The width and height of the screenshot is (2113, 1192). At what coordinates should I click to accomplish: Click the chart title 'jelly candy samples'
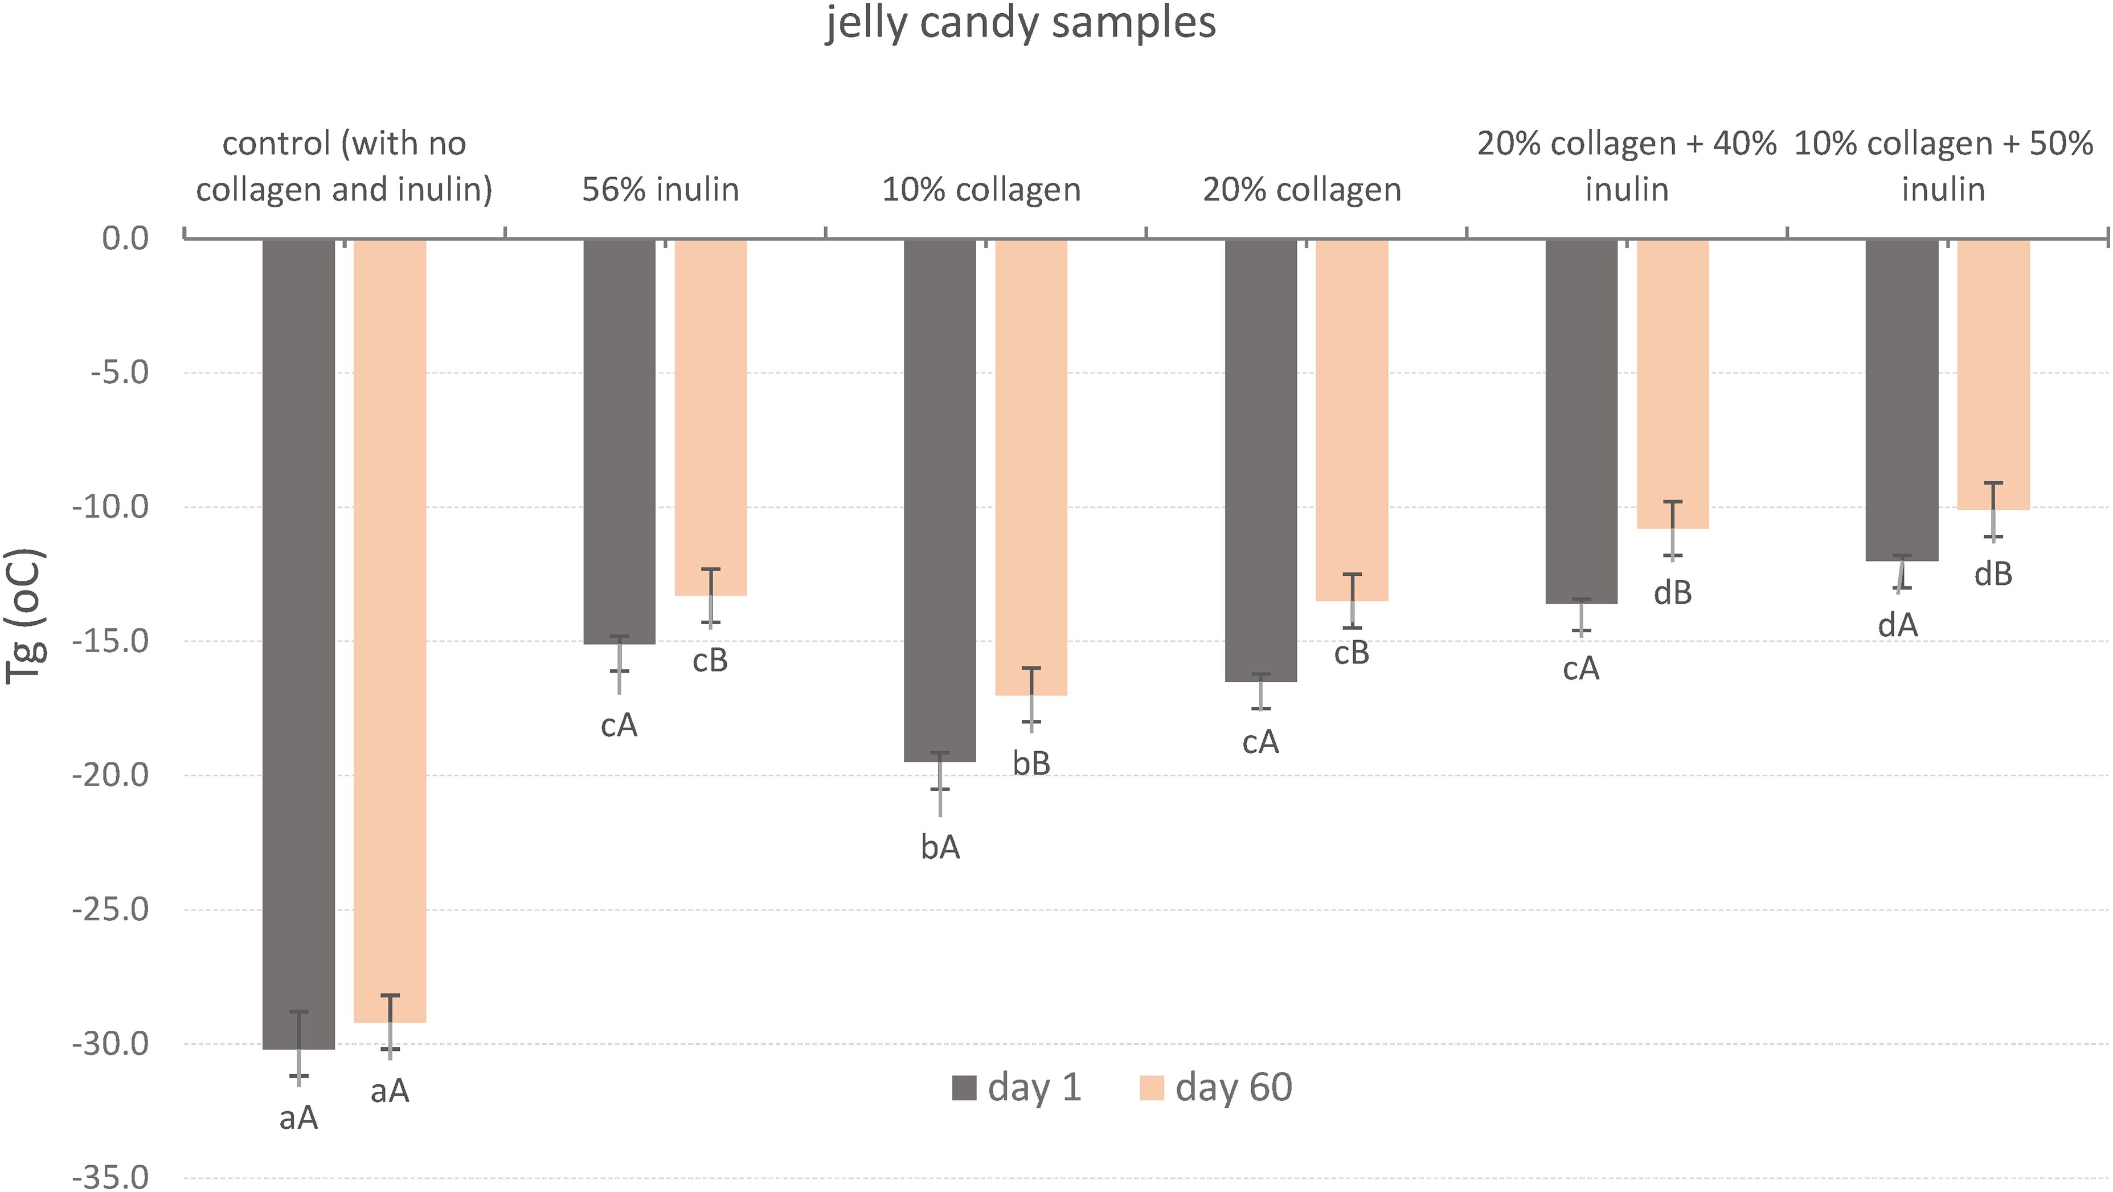pyautogui.click(x=1021, y=23)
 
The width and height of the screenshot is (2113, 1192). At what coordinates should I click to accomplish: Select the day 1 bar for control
pyautogui.click(x=298, y=644)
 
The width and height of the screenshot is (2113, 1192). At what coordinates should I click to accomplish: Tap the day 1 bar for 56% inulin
pyautogui.click(x=619, y=441)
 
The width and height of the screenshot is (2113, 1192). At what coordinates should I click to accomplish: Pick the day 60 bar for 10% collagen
pyautogui.click(x=1031, y=468)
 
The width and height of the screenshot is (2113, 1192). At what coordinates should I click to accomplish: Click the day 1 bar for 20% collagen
pyautogui.click(x=1261, y=460)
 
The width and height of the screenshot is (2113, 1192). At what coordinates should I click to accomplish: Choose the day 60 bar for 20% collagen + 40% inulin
pyautogui.click(x=1673, y=384)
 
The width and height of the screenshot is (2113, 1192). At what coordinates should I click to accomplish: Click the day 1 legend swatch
pyautogui.click(x=964, y=1088)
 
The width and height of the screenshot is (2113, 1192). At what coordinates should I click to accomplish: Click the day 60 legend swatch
pyautogui.click(x=1152, y=1088)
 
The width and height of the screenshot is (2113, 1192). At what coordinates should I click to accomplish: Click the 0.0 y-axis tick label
pyautogui.click(x=125, y=238)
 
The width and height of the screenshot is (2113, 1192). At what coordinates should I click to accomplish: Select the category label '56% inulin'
pyautogui.click(x=660, y=190)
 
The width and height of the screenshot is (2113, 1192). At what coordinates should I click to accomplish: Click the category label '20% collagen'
pyautogui.click(x=1302, y=190)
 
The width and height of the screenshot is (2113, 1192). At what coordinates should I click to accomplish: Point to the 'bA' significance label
pyautogui.click(x=940, y=847)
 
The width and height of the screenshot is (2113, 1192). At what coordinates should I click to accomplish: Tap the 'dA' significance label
pyautogui.click(x=1897, y=625)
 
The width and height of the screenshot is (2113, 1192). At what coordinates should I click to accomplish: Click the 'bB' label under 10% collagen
pyautogui.click(x=1031, y=763)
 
